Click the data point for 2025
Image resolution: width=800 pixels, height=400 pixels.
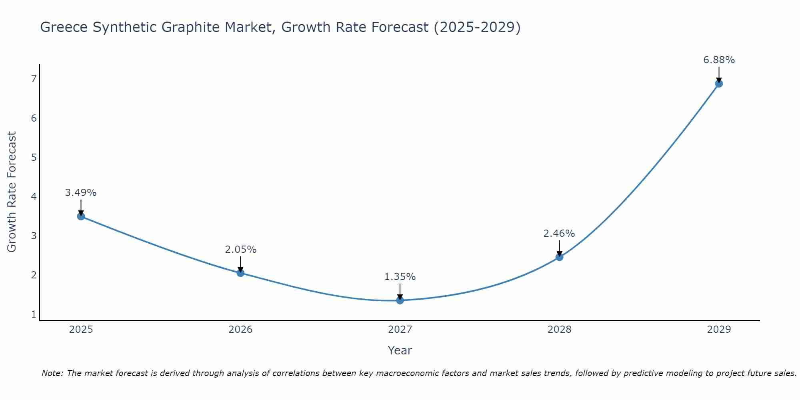(x=81, y=216)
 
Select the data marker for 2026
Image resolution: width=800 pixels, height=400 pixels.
(x=240, y=273)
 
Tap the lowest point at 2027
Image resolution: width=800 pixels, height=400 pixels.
(x=400, y=300)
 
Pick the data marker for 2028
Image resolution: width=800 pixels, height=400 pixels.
(x=559, y=257)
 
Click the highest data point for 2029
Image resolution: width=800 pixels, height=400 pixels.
(x=719, y=84)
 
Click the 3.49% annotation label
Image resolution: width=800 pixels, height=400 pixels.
(x=81, y=193)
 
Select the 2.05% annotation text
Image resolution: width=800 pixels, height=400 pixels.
(x=240, y=250)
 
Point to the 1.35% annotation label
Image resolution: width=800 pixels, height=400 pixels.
(x=400, y=277)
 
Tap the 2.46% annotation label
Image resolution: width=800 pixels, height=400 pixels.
(x=559, y=234)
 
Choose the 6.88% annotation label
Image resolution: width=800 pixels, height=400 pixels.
(x=719, y=60)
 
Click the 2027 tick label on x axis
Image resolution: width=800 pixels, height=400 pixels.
(x=400, y=330)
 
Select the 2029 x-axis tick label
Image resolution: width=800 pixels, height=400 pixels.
(x=719, y=330)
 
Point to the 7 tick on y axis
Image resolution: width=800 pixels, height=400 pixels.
(x=34, y=78)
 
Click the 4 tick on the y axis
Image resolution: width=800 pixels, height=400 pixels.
(x=34, y=196)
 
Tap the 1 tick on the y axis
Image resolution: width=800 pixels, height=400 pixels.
(x=34, y=314)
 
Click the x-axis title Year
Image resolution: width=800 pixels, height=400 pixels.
(x=400, y=350)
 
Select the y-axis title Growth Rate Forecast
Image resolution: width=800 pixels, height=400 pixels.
(x=12, y=192)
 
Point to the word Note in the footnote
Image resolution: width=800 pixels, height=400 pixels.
(x=52, y=373)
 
